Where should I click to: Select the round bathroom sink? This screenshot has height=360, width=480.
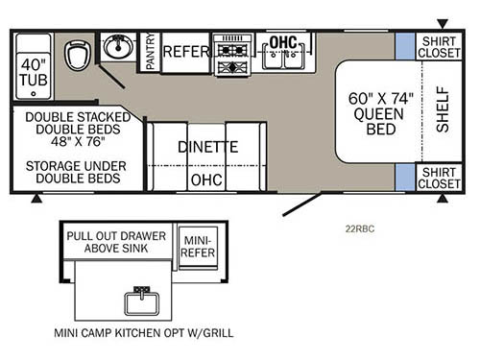point(120,48)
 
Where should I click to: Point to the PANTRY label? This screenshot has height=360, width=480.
point(149,53)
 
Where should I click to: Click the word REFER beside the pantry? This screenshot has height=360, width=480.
point(184,51)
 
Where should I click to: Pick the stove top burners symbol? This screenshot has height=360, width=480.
point(231,54)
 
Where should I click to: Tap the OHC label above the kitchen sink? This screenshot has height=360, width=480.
point(283,43)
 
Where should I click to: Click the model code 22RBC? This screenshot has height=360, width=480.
point(362,228)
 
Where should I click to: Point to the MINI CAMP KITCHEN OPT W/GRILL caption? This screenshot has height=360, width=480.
point(144,333)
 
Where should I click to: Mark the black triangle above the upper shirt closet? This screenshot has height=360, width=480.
point(442,21)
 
